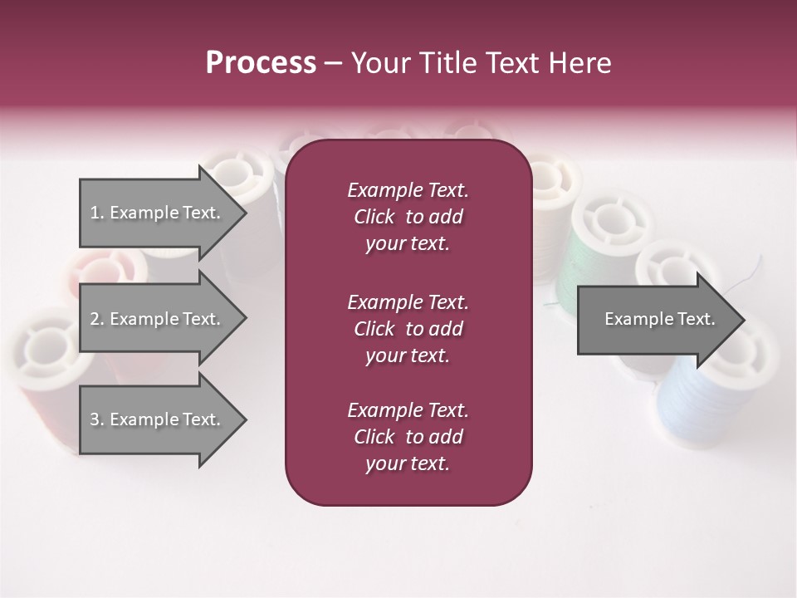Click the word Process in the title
(x=261, y=63)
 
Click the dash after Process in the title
(x=333, y=64)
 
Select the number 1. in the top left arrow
(x=97, y=213)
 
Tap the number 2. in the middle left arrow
(x=97, y=319)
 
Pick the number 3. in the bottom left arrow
(x=97, y=419)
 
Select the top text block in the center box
(x=408, y=217)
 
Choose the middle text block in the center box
(x=408, y=329)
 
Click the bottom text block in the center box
(x=408, y=437)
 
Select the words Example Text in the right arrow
(x=659, y=319)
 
